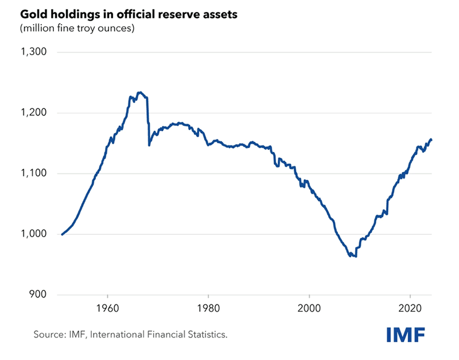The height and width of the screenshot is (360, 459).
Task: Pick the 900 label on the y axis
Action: coord(36,295)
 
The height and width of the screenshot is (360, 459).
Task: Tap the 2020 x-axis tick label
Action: coord(411,307)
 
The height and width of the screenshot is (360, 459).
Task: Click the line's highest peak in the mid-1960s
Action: coord(140,92)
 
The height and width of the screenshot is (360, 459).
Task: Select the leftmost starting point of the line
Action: coord(62,234)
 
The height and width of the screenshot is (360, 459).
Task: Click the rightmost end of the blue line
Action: coord(431,140)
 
